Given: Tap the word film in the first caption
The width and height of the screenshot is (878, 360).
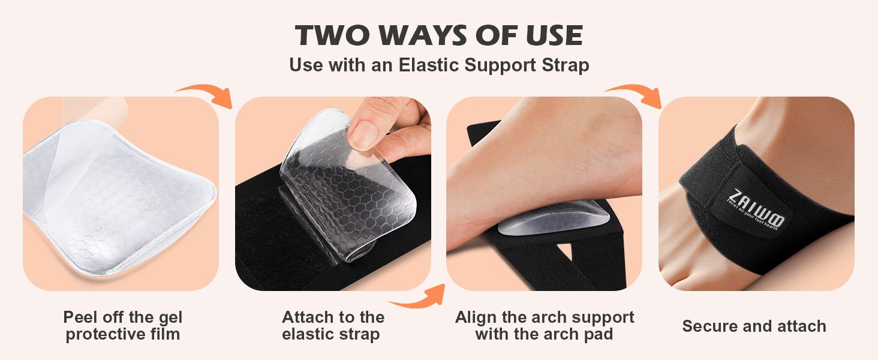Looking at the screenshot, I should (x=163, y=334).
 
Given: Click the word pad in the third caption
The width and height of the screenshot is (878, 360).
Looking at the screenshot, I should (x=598, y=334).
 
